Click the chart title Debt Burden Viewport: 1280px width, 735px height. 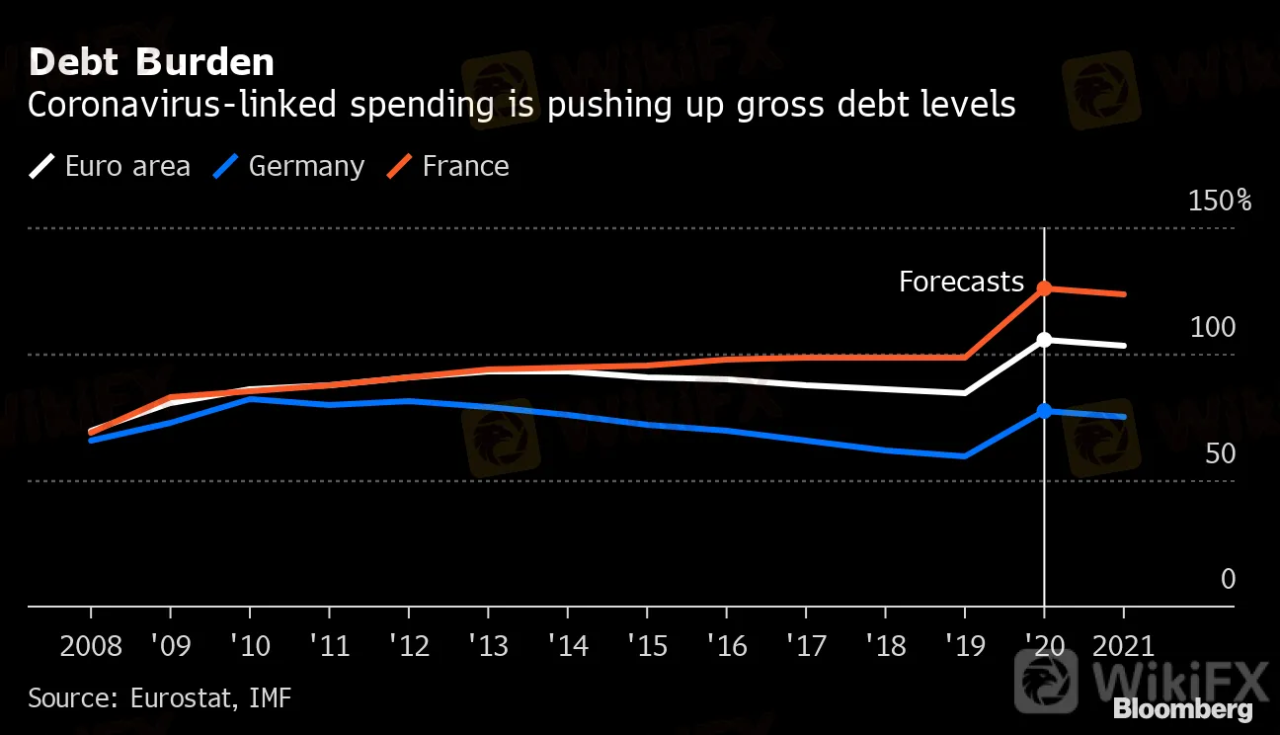click(x=151, y=62)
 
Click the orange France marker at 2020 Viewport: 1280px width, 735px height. click(x=1044, y=288)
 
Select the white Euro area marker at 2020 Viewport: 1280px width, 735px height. click(x=1044, y=340)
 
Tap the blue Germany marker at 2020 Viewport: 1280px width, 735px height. click(x=1044, y=411)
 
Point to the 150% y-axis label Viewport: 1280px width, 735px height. click(x=1220, y=201)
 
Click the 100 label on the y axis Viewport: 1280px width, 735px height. click(x=1212, y=327)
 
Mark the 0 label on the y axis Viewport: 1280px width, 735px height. click(x=1228, y=579)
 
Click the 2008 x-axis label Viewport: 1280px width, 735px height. click(x=91, y=647)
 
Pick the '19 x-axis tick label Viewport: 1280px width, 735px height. click(x=964, y=647)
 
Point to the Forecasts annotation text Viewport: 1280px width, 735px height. click(x=961, y=283)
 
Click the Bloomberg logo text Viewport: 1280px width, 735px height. click(x=1182, y=708)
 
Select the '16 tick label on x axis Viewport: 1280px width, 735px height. click(x=725, y=647)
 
